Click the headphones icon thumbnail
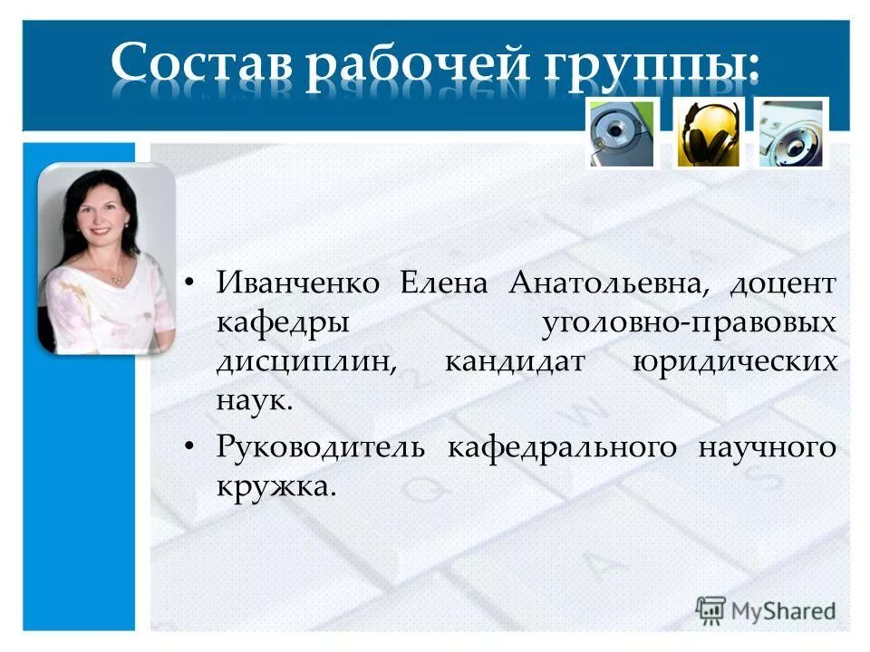click(x=708, y=133)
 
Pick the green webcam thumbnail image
click(x=621, y=133)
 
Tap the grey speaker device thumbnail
click(x=792, y=133)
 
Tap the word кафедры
click(x=268, y=322)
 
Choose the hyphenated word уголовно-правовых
click(x=688, y=322)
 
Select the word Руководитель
click(x=320, y=447)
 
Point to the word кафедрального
click(x=562, y=447)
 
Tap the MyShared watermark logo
click(x=766, y=609)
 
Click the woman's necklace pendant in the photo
click(x=116, y=281)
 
